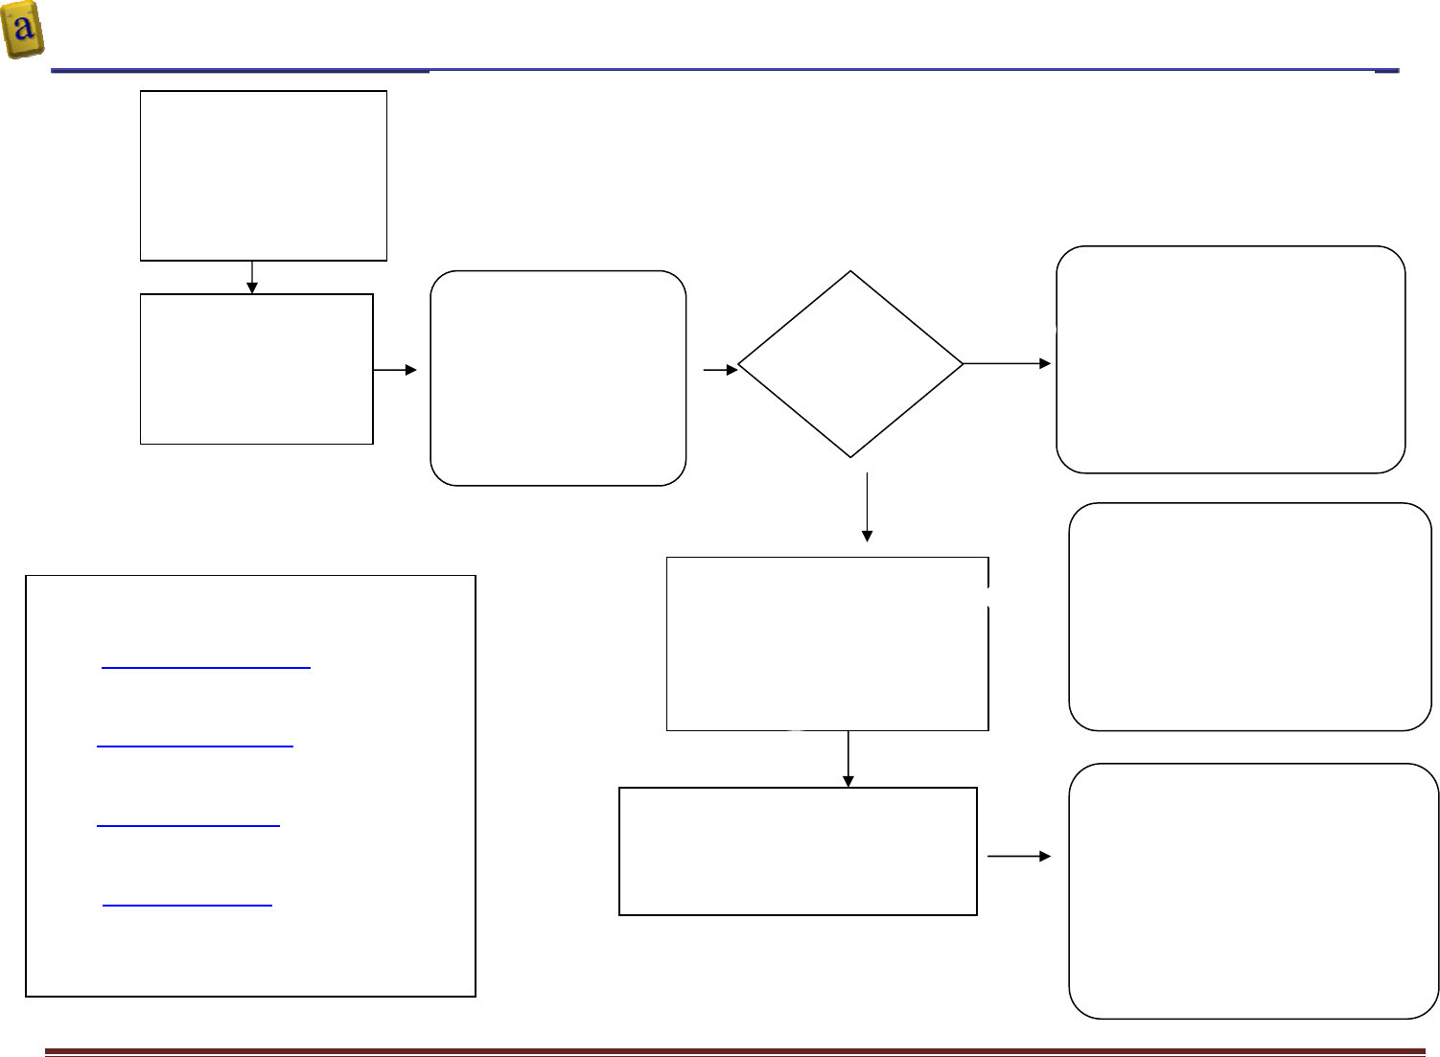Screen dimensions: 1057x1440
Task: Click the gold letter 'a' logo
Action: pyautogui.click(x=23, y=30)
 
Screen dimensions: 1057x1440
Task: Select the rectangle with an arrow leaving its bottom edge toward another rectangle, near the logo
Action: pyautogui.click(x=264, y=175)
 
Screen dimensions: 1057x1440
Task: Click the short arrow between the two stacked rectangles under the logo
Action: pyautogui.click(x=252, y=277)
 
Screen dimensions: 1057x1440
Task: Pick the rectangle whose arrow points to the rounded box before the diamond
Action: pyautogui.click(x=256, y=369)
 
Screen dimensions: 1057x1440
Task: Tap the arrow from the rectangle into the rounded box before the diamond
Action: pyautogui.click(x=395, y=370)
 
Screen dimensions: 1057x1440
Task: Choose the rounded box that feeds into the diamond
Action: pyautogui.click(x=558, y=378)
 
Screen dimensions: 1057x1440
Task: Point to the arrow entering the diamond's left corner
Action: pyautogui.click(x=720, y=369)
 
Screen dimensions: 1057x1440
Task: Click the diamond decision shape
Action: pyautogui.click(x=850, y=364)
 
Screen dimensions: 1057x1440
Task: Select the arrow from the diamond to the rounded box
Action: pyautogui.click(x=1007, y=363)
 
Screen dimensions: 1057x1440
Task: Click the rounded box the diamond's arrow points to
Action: pyautogui.click(x=1230, y=359)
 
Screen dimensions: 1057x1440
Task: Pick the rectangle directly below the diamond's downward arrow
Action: pyautogui.click(x=827, y=644)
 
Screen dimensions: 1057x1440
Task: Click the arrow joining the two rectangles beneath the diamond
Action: pyautogui.click(x=848, y=759)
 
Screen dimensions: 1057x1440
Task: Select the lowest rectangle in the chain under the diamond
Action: pyautogui.click(x=798, y=851)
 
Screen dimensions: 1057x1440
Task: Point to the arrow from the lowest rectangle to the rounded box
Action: pyautogui.click(x=1018, y=856)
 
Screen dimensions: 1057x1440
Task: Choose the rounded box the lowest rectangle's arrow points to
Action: pyautogui.click(x=1253, y=890)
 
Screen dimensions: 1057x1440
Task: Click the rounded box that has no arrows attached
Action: pyautogui.click(x=1249, y=616)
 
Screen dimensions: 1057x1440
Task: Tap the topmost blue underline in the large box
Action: pyautogui.click(x=205, y=665)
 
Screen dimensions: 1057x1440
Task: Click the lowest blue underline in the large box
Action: pyautogui.click(x=187, y=904)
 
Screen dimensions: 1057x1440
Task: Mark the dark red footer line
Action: pyautogui.click(x=735, y=1052)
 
